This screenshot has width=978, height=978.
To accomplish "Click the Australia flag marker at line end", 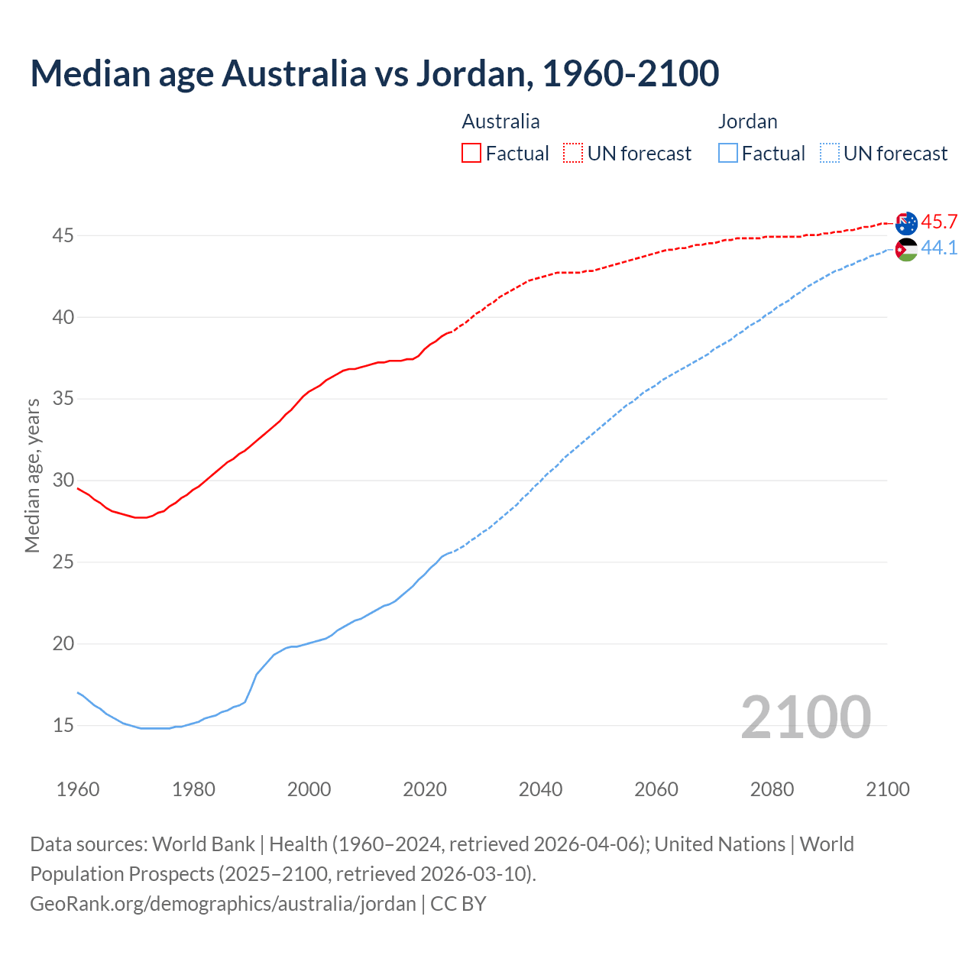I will (906, 223).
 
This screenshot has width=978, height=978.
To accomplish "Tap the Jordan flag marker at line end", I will (906, 249).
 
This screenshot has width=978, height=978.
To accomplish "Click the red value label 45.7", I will (939, 222).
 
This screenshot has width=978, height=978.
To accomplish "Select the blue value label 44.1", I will (939, 248).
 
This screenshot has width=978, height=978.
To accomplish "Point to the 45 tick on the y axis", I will (63, 235).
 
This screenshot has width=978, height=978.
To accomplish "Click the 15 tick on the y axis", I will (63, 725).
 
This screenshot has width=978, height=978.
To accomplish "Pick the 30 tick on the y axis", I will (63, 481).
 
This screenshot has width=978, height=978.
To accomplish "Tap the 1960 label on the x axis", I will (78, 789).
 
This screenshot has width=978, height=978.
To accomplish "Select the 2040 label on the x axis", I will (540, 789).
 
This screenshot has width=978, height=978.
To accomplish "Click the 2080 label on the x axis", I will (772, 789).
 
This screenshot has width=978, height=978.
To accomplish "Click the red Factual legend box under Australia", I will (471, 154).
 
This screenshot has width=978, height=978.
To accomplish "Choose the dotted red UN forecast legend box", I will (573, 154).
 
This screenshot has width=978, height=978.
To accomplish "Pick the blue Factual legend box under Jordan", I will (728, 154).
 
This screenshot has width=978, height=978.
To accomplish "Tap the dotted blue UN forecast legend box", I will (829, 154).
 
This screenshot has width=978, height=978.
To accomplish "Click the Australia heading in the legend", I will (500, 121).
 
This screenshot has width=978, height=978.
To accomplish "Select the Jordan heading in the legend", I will (747, 121).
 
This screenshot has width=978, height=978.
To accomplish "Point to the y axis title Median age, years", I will (32, 474).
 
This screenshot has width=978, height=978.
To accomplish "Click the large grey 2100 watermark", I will (805, 717).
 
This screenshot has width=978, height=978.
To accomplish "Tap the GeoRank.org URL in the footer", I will (223, 904).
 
